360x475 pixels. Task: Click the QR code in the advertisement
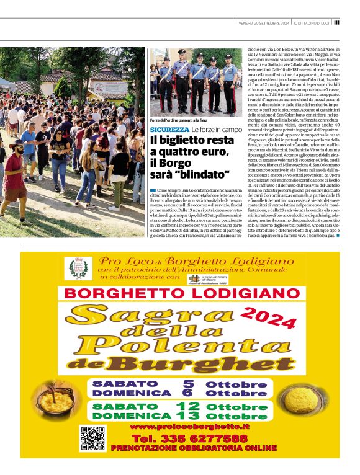[92, 438]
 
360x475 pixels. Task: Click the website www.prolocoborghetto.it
[189, 427]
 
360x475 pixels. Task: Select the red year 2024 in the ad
[268, 317]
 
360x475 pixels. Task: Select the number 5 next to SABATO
[188, 384]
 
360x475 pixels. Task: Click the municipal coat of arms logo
[78, 269]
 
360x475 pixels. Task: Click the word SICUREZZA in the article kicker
[169, 129]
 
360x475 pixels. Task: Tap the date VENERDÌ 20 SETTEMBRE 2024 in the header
[264, 23]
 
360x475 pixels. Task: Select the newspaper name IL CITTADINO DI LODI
[311, 23]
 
